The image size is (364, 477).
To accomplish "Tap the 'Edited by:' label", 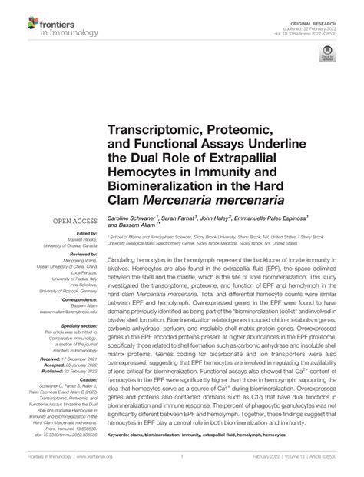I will pos(79,234).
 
